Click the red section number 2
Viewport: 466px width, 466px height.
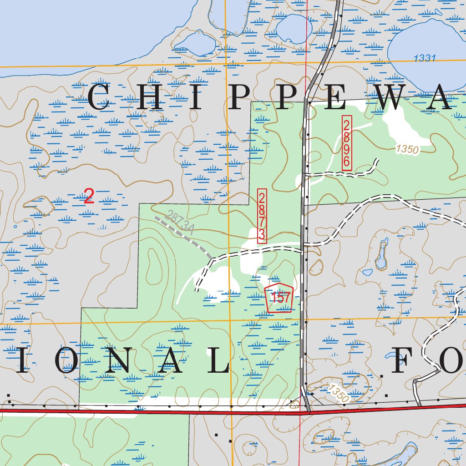[x=89, y=197]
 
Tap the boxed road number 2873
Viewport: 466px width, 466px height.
[x=262, y=216]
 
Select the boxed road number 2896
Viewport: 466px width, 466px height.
[x=347, y=143]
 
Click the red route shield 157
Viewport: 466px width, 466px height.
[x=279, y=298]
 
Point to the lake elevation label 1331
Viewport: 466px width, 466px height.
[x=425, y=58]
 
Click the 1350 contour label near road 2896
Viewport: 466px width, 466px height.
[x=407, y=149]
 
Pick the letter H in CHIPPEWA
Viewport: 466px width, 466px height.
[x=145, y=97]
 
